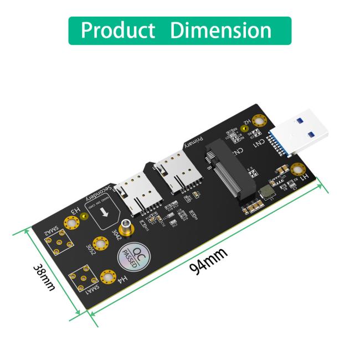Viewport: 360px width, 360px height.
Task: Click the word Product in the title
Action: coord(118,30)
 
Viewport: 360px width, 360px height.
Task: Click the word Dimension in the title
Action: coord(221,30)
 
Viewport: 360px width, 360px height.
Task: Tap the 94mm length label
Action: coord(208,260)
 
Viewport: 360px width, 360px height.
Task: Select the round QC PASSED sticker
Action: coord(131,255)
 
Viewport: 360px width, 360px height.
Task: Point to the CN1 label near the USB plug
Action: coord(258,145)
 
